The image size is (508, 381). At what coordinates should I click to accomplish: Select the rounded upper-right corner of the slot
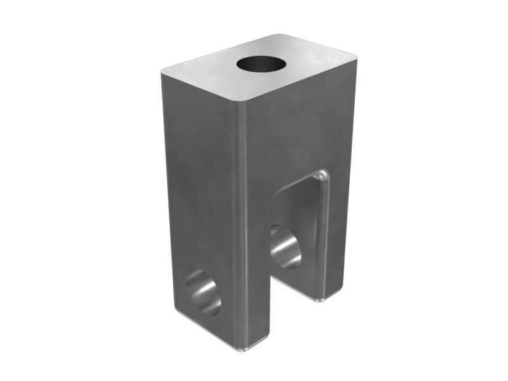(324, 174)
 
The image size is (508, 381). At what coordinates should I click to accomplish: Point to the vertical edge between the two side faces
(244, 222)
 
